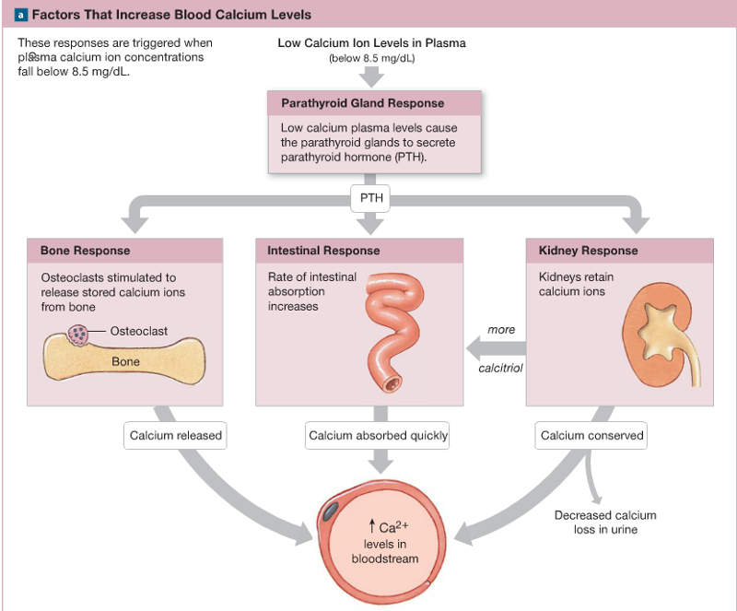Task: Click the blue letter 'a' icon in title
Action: (21, 15)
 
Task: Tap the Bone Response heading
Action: (86, 251)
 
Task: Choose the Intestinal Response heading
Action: (323, 251)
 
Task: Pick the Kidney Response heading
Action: (588, 251)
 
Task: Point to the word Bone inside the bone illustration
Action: (125, 362)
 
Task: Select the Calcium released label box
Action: (175, 436)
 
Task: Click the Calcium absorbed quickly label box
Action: (378, 436)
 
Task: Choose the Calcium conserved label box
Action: (591, 436)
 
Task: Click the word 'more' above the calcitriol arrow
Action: (501, 330)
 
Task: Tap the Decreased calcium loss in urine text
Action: (604, 523)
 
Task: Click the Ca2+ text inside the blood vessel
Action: (384, 527)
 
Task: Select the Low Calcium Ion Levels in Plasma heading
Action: (371, 43)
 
